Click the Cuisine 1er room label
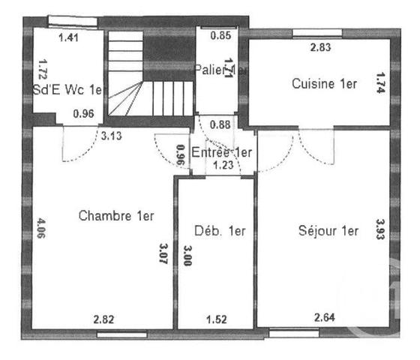(x=324, y=84)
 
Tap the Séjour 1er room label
(x=328, y=230)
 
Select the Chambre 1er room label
(x=116, y=216)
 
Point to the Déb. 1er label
(x=220, y=230)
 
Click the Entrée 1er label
(x=222, y=152)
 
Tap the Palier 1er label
(x=220, y=70)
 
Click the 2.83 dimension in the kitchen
(x=321, y=49)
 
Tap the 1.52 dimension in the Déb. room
(x=217, y=319)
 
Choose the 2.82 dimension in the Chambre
(x=104, y=319)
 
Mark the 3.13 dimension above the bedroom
(x=112, y=136)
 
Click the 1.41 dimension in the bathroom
(x=68, y=35)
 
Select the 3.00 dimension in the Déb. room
(x=188, y=256)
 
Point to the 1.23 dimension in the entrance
(x=223, y=166)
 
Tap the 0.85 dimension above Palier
(x=220, y=35)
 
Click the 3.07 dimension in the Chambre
(x=164, y=256)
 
